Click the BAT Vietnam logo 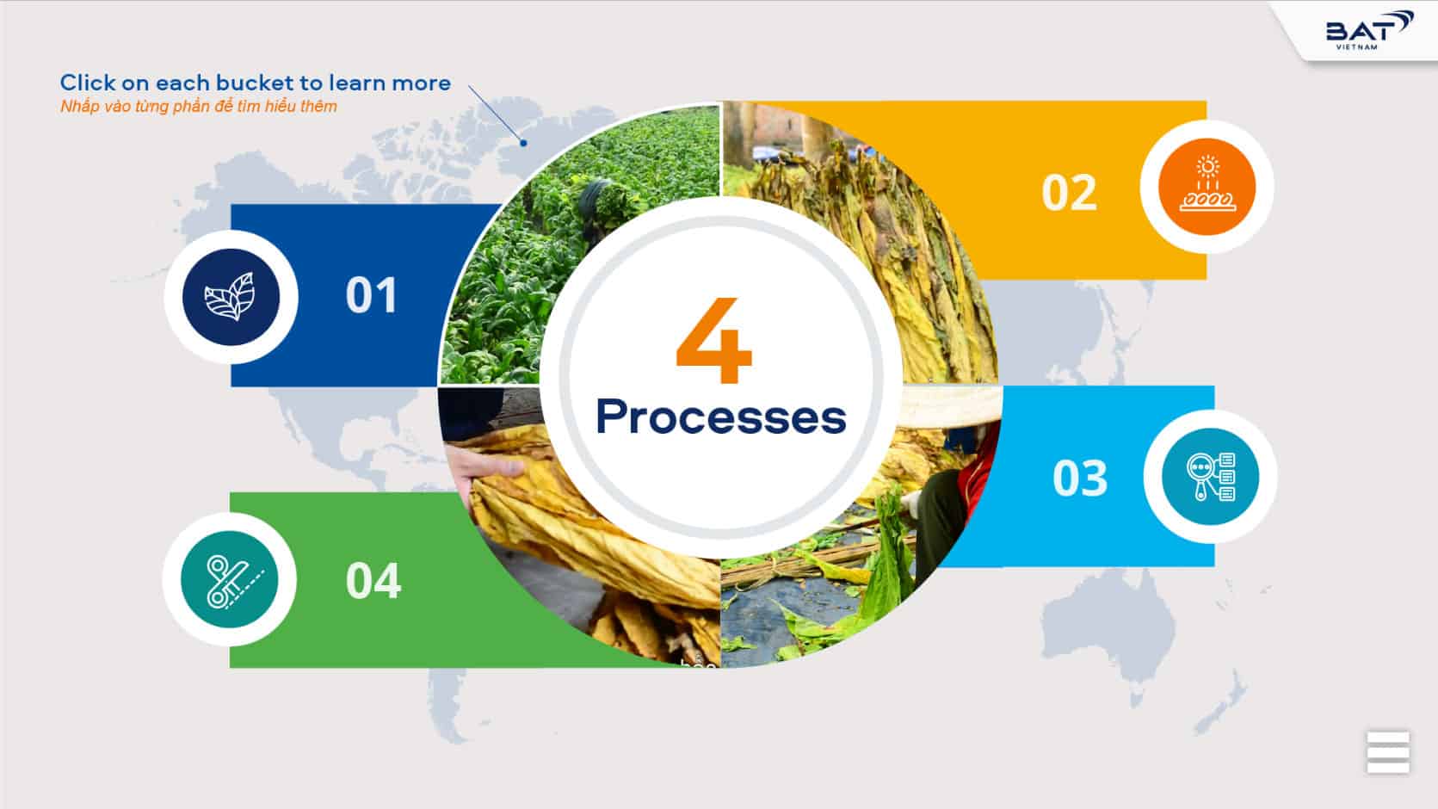tap(1368, 30)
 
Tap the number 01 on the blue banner tap(371, 295)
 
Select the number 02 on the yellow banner tap(1069, 192)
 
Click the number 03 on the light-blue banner tap(1080, 478)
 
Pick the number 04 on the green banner tap(373, 580)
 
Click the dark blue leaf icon tap(231, 297)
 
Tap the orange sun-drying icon tap(1207, 187)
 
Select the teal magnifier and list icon tap(1210, 477)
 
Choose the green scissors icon tap(229, 579)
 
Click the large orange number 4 tap(714, 340)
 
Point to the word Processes tap(721, 417)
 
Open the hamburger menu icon tap(1388, 752)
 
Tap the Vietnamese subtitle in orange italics tap(199, 106)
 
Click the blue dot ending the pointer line tap(523, 143)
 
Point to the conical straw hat tap(950, 405)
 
